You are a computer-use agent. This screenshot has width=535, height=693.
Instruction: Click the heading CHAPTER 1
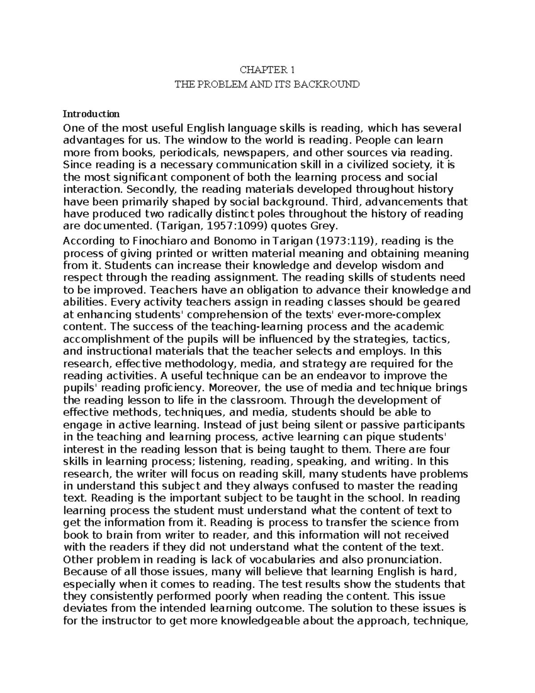pyautogui.click(x=267, y=70)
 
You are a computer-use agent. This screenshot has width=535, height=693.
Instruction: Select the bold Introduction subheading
pyautogui.click(x=91, y=113)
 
